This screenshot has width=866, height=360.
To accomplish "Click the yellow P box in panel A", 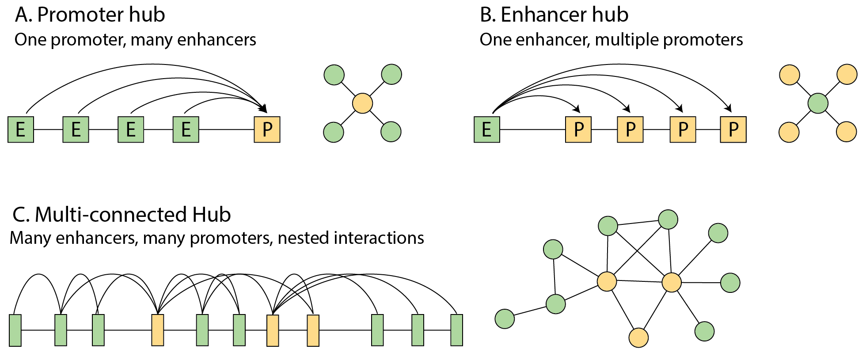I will point(267,129).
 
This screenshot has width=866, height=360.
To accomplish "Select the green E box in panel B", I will point(486,129).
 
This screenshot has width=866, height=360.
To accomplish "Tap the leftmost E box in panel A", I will point(21,129).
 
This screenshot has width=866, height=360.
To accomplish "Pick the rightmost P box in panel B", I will point(733,129).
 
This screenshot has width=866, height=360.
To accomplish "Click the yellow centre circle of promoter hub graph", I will point(362,103).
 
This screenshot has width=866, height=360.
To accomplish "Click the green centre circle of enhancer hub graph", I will point(818,103).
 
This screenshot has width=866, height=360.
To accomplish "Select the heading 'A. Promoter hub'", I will point(90,15).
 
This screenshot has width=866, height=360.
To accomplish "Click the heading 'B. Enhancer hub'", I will point(554,15).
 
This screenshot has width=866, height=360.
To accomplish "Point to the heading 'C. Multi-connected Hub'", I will point(122,215).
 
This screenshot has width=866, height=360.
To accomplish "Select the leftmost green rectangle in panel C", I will point(15,330).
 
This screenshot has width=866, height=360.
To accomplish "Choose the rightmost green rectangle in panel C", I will point(456,330).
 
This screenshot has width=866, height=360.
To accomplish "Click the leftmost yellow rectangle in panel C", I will point(158,330).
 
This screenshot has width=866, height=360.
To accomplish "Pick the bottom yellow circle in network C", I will point(638,338).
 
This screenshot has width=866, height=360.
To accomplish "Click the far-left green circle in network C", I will point(505,318).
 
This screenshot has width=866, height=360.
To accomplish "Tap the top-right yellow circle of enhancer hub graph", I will point(847,75).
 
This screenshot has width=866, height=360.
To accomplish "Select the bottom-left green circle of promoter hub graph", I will point(334,132).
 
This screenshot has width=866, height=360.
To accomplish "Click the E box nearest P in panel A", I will point(186,129).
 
